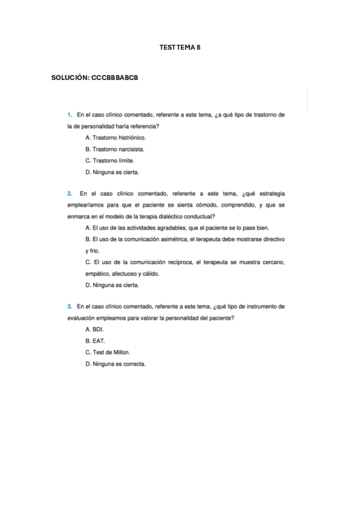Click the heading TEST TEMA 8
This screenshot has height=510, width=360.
[x=180, y=47]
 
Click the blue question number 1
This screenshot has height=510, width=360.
[x=70, y=114]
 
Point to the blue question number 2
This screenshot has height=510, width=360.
[x=70, y=194]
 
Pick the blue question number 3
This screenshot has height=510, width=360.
[x=70, y=307]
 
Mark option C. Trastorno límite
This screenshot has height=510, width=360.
[x=109, y=161]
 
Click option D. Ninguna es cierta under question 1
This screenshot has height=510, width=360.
[x=112, y=172]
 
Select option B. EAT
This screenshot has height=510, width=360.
[x=95, y=341]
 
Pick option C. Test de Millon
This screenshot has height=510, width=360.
[x=108, y=352]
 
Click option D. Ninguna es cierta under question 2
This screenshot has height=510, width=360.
[x=112, y=284]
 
